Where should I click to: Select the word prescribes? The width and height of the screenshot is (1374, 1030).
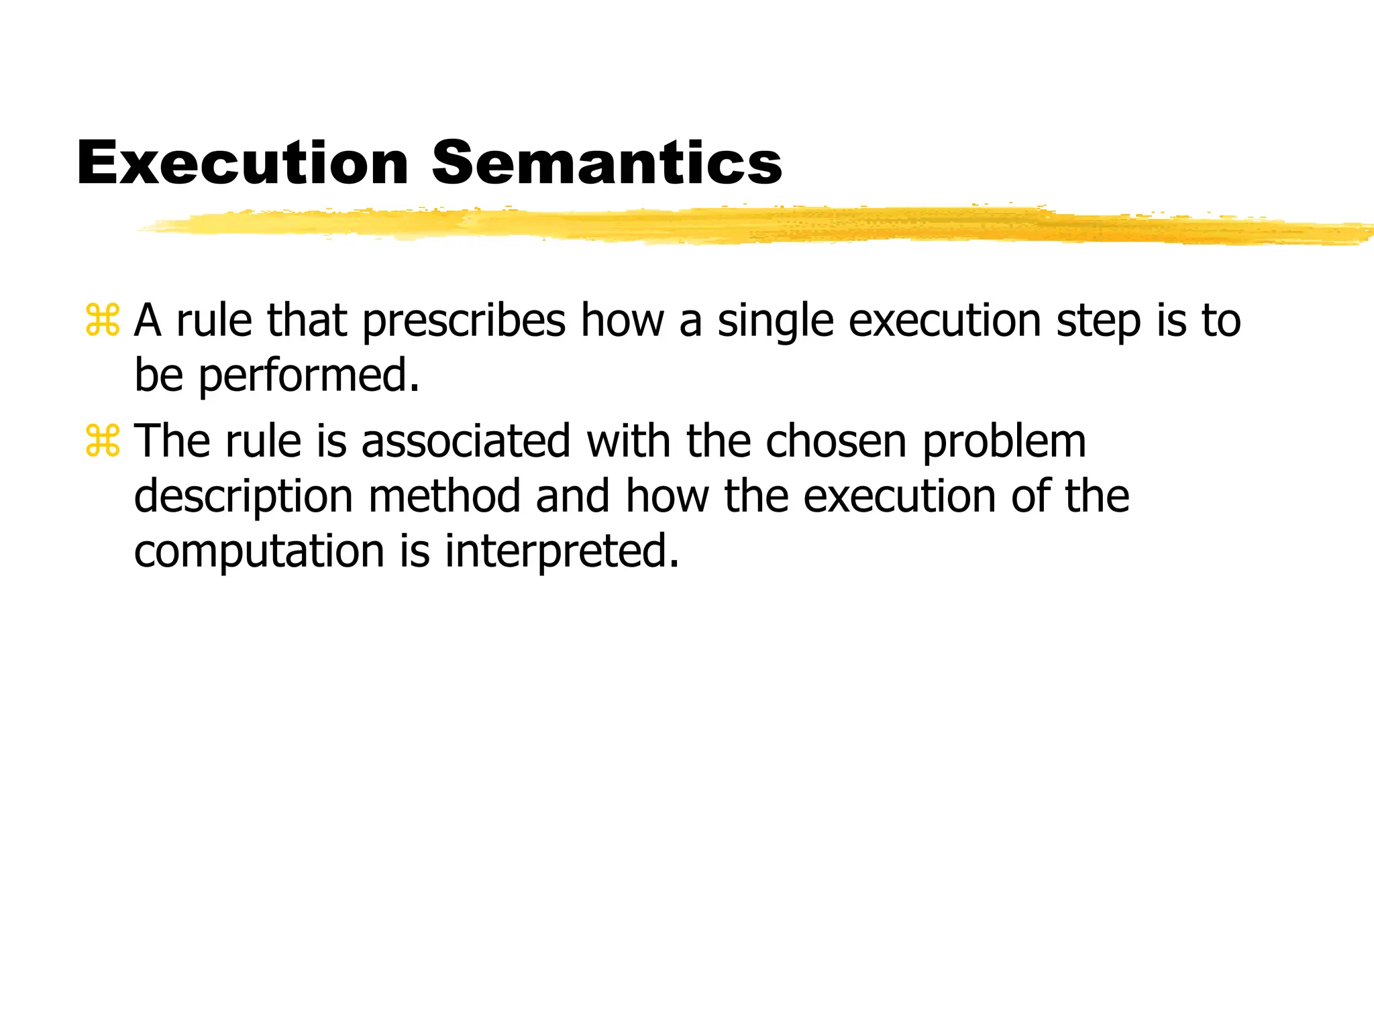coord(464,321)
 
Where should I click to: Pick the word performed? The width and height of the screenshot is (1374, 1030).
coord(309,376)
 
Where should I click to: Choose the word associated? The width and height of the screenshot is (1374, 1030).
coord(466,442)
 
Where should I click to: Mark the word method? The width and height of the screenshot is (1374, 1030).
coord(445,497)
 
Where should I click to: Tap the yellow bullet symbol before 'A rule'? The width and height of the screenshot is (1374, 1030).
coord(103,321)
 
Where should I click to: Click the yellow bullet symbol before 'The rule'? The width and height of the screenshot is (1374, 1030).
coord(103,441)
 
